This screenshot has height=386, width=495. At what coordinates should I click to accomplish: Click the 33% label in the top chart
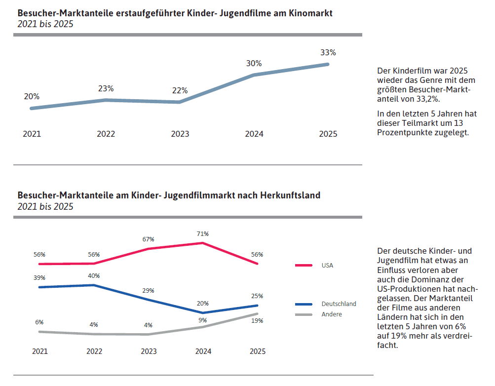[x=328, y=52]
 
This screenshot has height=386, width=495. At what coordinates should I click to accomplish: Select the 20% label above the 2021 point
[x=32, y=97]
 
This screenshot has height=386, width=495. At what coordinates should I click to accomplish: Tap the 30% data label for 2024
[x=254, y=63]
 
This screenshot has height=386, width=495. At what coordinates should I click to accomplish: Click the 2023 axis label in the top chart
[x=180, y=134]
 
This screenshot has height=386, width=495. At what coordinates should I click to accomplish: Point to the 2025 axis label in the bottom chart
[x=257, y=351]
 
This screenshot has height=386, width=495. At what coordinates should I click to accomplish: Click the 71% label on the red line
[x=203, y=233]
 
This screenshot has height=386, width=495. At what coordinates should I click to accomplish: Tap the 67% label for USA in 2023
[x=149, y=239]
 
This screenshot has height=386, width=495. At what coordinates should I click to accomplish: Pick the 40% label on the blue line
[x=94, y=275]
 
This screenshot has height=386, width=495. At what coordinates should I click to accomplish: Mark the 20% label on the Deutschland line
[x=203, y=304]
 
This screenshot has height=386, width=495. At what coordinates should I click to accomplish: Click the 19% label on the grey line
[x=257, y=321]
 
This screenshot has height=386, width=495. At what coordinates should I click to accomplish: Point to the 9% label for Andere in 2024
[x=202, y=320]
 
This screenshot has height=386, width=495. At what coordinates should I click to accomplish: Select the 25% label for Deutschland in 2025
[x=257, y=296]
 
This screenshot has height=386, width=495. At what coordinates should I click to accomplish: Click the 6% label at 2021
[x=39, y=322]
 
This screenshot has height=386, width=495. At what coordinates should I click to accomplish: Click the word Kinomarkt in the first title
[x=310, y=13]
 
